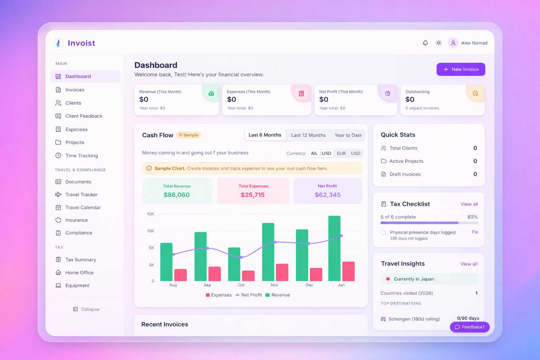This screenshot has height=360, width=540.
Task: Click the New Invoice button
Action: coord(461,69)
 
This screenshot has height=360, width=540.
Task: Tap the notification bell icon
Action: coord(425,43)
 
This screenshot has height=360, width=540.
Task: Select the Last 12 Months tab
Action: coord(308,135)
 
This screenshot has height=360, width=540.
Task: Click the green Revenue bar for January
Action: coord(334,248)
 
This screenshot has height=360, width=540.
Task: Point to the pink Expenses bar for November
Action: coord(282,272)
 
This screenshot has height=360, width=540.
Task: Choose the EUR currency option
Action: coord(341,153)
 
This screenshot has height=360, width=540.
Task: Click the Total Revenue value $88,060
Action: coord(176,195)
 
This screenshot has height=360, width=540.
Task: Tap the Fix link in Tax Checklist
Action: coord(475,232)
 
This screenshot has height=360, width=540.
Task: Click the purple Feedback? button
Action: coord(470,327)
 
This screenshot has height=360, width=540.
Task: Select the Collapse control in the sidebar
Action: coord(86,309)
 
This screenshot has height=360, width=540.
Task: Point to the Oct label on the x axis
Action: coord(241,285)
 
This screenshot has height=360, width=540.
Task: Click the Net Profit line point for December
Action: coord(309,243)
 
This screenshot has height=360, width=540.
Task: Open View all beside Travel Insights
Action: coord(469,264)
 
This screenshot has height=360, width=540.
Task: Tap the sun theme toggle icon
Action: coord(438,43)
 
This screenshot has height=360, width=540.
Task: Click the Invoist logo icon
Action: coord(58,43)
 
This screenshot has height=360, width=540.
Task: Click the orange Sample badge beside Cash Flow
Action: coord(188,135)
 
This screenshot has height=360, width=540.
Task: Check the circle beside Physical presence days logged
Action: coord(383,232)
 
